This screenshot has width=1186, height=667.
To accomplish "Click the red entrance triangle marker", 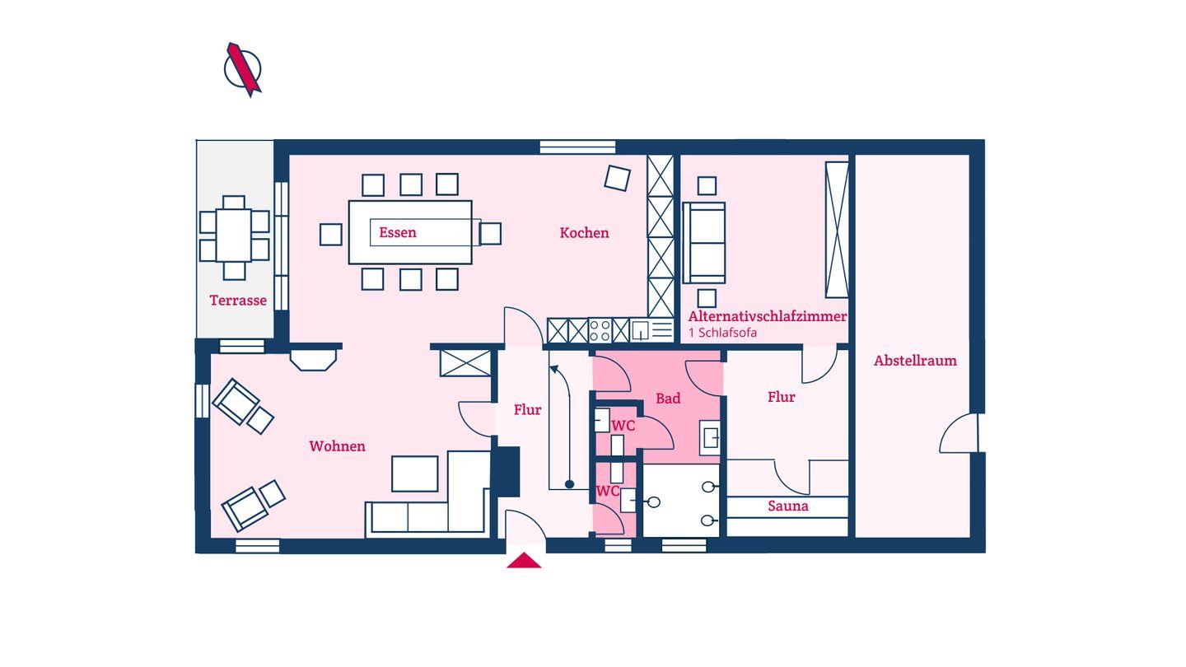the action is point(524,561).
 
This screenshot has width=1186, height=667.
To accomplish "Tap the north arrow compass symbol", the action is point(243,69).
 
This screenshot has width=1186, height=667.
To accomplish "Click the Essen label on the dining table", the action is point(398,232).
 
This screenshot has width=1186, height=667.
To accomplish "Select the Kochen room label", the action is point(584,233).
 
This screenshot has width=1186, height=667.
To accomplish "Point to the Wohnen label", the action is point(338,446).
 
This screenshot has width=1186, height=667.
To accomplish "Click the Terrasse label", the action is point(238,301).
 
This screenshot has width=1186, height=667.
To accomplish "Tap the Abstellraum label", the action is point(915,361).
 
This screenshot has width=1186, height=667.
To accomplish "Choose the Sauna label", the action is point(788,506).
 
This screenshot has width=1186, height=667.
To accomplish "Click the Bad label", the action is point(668,399).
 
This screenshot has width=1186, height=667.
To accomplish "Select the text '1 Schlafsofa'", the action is point(722,333).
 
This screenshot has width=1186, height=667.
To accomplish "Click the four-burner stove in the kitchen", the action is point(600,330).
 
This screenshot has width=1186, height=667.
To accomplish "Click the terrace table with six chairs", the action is point(234,238).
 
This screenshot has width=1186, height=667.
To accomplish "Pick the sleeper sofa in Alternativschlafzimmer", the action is point(703,243).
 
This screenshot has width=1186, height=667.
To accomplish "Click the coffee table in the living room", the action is point(414,473).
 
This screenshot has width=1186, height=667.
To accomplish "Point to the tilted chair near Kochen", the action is point(618,178).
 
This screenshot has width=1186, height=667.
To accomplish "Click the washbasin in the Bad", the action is point(709,438).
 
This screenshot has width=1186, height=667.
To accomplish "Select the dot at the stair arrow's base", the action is point(569,484).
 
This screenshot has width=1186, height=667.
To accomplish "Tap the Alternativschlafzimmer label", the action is point(768,316).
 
